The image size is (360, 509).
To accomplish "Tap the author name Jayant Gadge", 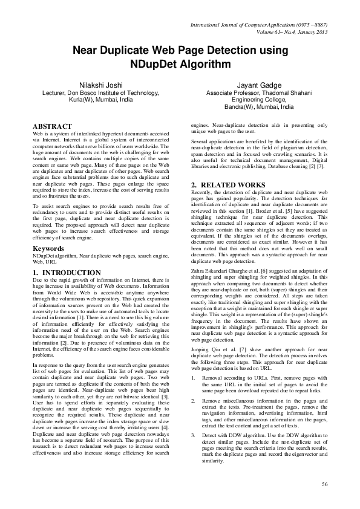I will tap(260, 86).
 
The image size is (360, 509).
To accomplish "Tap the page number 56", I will tap(324, 484).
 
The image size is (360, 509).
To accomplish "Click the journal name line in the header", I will tap(259, 25).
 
